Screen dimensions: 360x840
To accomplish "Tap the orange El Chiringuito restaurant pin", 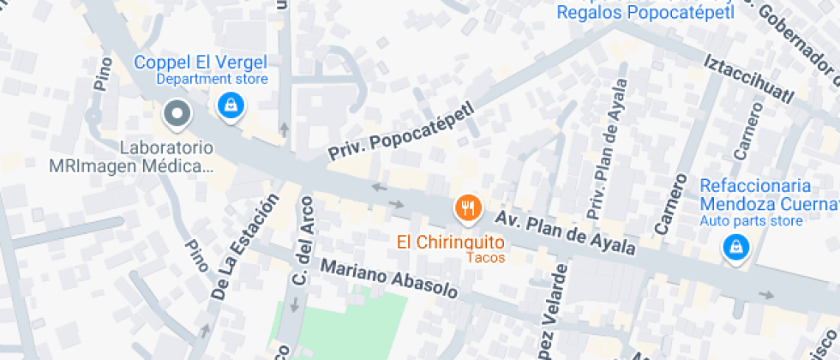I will pyautogui.click(x=467, y=208).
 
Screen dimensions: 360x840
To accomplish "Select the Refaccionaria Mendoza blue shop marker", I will pyautogui.click(x=735, y=249).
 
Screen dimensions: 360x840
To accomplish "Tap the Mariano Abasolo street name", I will pyautogui.click(x=389, y=279).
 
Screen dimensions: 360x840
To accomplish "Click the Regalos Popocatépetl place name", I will pyautogui.click(x=646, y=13).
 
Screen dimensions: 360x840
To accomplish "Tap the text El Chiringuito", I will pyautogui.click(x=450, y=242).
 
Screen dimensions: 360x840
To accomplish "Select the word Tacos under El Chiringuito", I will pyautogui.click(x=485, y=257).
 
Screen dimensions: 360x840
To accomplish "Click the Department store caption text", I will pyautogui.click(x=212, y=79).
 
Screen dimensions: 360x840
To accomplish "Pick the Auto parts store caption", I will pyautogui.click(x=751, y=221).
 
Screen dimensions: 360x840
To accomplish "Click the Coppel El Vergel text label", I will pyautogui.click(x=201, y=62).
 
